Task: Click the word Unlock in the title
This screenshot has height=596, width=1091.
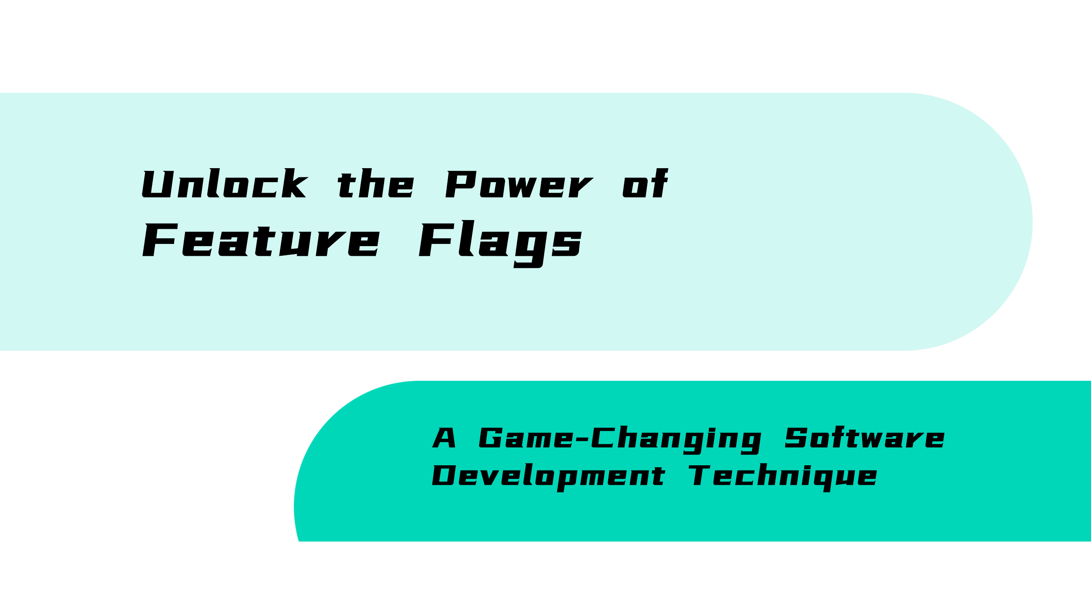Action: click(225, 183)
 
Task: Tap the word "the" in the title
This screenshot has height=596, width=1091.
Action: click(376, 183)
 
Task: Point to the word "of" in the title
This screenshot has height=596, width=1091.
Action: click(645, 183)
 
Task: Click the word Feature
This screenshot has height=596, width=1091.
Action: click(261, 240)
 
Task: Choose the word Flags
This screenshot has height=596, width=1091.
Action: click(500, 244)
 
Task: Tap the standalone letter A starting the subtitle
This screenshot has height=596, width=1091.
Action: click(444, 438)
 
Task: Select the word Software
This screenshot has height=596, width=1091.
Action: click(865, 437)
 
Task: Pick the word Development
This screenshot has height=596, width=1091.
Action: click(548, 477)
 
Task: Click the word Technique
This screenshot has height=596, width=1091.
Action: click(782, 477)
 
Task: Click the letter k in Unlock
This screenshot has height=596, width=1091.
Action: click(295, 183)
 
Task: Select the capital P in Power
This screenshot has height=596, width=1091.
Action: click(461, 184)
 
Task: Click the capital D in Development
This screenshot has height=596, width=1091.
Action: click(444, 475)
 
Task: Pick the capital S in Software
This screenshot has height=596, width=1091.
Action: click(796, 438)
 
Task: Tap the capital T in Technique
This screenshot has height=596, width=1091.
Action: click(699, 475)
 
